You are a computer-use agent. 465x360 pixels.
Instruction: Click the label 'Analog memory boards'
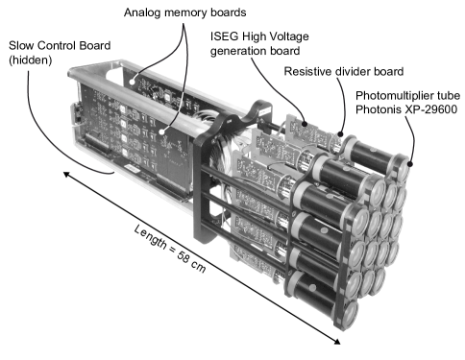[x=184, y=12]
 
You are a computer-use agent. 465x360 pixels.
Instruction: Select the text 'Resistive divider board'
[x=344, y=71]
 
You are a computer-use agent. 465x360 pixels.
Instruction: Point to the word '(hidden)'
[x=31, y=60]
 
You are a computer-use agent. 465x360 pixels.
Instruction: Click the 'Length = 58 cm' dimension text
[x=169, y=249]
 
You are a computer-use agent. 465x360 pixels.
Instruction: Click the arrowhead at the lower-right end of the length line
[x=336, y=341]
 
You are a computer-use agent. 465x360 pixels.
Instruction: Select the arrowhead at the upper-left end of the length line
[x=66, y=175]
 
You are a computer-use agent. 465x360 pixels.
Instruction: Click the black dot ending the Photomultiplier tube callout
[x=410, y=164]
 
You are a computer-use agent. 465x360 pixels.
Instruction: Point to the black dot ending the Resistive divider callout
[x=341, y=134]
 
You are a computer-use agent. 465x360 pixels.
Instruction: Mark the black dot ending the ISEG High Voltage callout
[x=305, y=124]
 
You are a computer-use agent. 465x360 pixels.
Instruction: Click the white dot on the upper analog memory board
[x=132, y=82]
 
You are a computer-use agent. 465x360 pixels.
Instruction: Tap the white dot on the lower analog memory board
[x=162, y=132]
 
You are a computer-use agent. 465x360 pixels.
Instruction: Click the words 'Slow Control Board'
[x=60, y=45]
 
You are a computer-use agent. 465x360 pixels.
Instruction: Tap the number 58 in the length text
[x=184, y=256]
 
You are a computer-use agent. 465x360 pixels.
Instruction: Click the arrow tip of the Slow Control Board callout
[x=114, y=173]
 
